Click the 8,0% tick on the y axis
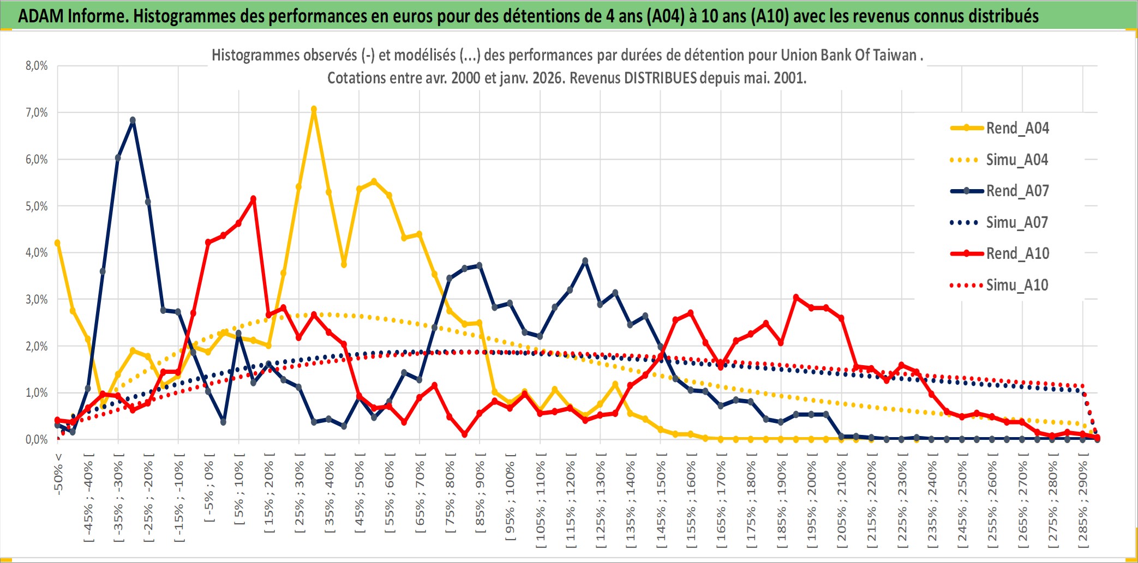point(37,66)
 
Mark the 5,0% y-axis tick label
point(37,206)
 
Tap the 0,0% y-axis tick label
point(37,439)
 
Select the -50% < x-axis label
point(58,474)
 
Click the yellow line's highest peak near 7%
point(314,110)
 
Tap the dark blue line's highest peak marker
point(133,120)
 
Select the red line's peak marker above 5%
point(253,199)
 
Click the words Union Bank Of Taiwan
point(848,55)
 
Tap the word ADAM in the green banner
point(41,16)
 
